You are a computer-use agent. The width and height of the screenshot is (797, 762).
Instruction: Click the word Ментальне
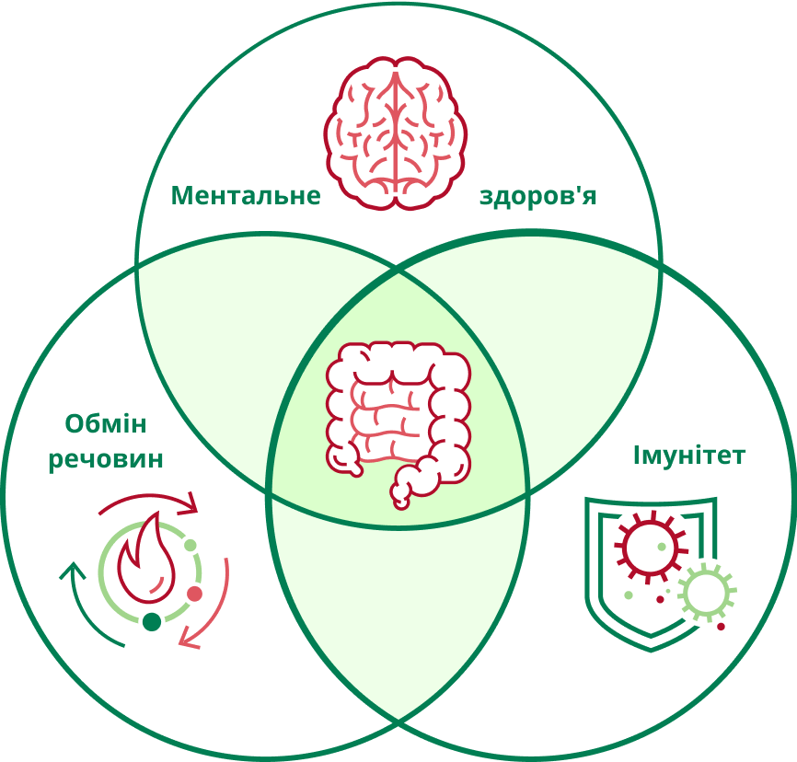click(246, 196)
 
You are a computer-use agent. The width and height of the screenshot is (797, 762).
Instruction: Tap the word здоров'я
click(537, 196)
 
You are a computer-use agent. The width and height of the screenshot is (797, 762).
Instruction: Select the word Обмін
click(106, 423)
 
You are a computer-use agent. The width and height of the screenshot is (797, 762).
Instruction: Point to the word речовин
click(106, 459)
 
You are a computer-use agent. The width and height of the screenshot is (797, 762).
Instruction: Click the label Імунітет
click(688, 455)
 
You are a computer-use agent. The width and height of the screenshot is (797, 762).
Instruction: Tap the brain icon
click(396, 133)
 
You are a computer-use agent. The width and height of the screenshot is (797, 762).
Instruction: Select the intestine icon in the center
click(398, 425)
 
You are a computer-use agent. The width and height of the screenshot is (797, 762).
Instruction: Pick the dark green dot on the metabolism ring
click(152, 621)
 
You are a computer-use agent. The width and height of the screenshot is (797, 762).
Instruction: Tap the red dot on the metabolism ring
click(195, 594)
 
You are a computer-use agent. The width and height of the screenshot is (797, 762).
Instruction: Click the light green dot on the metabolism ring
click(191, 546)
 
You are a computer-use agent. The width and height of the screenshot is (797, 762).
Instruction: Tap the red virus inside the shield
click(651, 547)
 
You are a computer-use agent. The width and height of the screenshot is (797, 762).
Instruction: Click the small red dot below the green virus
click(721, 627)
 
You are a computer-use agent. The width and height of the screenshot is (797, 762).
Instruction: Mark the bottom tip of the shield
click(652, 652)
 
